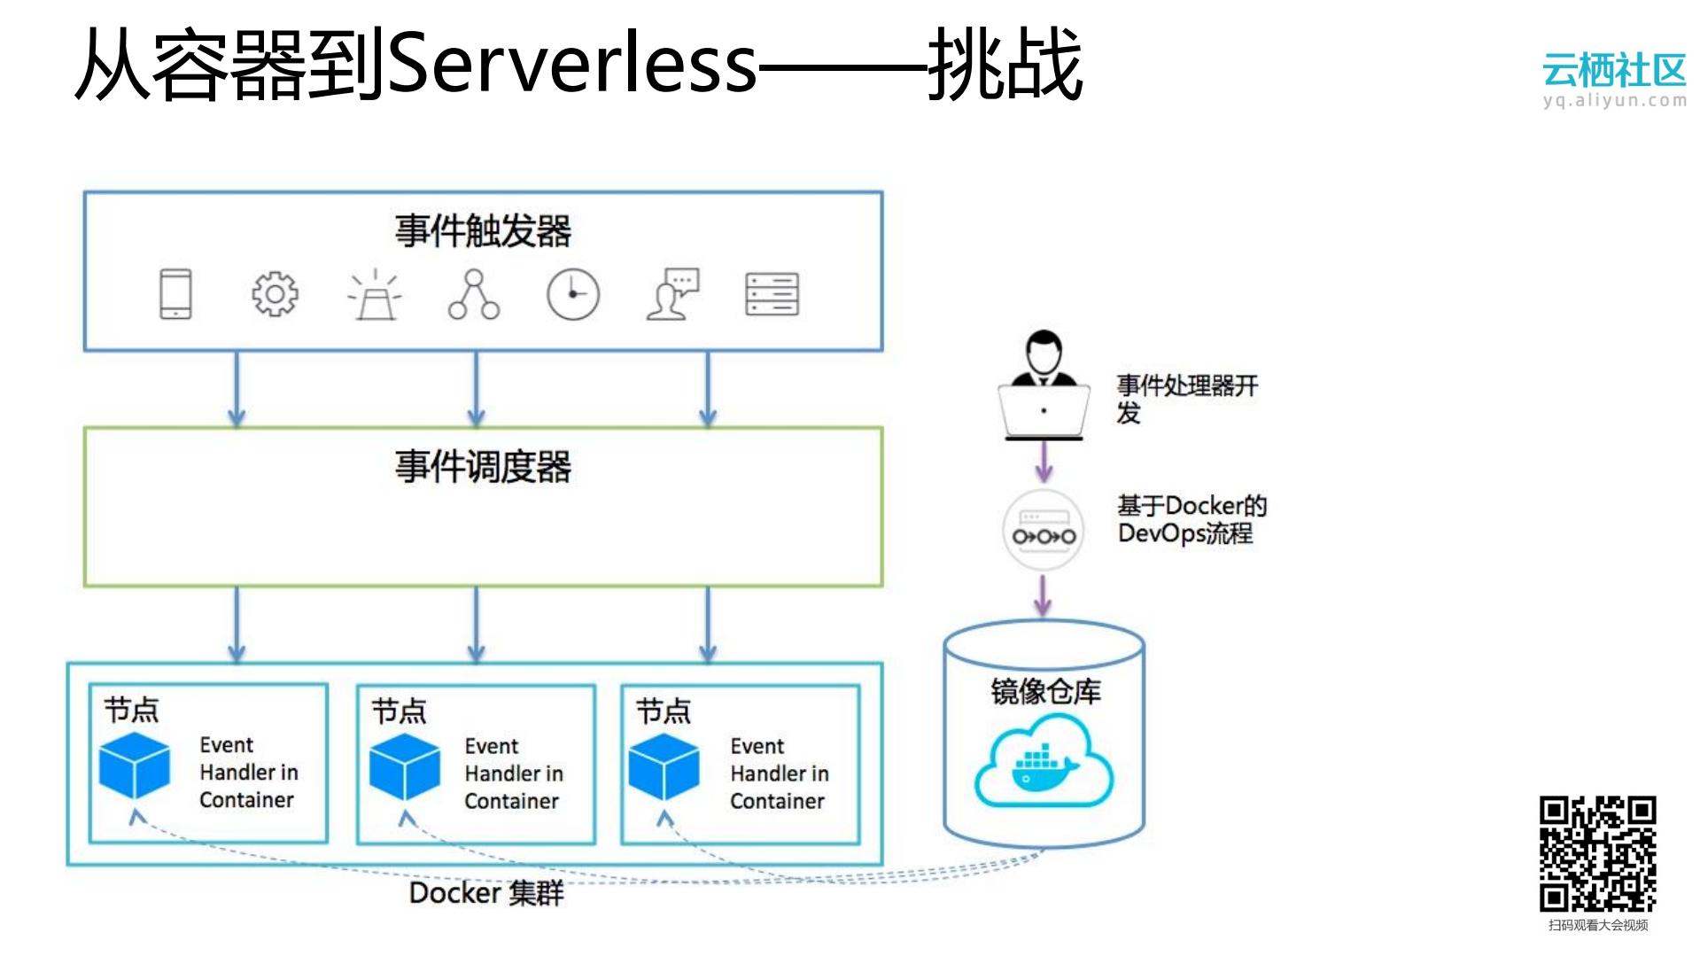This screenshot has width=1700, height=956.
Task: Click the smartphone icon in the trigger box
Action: point(175,294)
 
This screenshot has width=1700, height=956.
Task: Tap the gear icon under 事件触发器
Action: point(275,294)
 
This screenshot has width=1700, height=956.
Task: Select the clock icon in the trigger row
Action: point(573,294)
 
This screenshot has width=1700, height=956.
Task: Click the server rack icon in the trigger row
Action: point(772,294)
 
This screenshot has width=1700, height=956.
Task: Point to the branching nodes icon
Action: point(474,295)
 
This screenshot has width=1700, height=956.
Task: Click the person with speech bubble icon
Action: point(672,294)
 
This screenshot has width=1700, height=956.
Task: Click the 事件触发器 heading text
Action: point(483,231)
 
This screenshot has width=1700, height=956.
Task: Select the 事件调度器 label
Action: point(483,467)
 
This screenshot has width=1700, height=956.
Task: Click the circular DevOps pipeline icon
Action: point(1044,530)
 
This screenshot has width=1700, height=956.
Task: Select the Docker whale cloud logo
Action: point(1044,764)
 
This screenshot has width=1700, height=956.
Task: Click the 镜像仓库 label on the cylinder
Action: point(1045,691)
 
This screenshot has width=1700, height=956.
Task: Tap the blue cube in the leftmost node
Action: point(135,766)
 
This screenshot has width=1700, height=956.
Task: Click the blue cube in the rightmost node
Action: point(664,767)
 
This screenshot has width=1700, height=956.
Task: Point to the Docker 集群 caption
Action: point(486,893)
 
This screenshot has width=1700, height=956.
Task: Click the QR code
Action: point(1597,854)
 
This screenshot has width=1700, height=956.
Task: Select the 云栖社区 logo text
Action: point(1614,69)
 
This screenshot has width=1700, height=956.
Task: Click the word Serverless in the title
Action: point(572,64)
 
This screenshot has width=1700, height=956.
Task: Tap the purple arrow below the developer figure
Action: point(1044,462)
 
